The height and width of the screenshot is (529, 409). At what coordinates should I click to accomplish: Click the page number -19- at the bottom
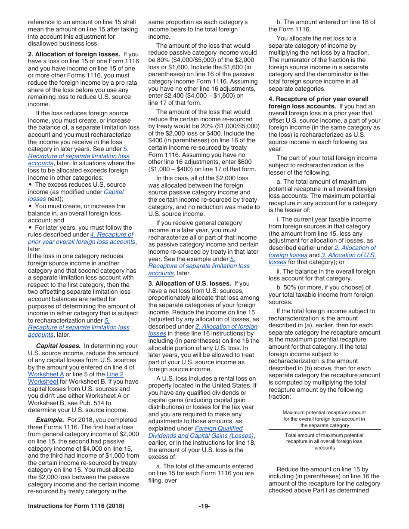[204, 506]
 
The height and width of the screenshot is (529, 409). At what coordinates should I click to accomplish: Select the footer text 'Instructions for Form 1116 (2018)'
[76, 506]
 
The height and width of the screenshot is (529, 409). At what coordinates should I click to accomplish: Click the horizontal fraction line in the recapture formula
[325, 429]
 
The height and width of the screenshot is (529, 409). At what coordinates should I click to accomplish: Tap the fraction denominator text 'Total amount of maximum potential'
[324, 435]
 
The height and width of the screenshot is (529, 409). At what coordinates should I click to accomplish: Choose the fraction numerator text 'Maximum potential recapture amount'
[324, 412]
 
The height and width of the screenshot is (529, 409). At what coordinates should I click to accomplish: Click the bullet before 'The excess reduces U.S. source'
[30, 185]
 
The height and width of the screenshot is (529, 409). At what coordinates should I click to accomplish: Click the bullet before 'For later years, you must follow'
[30, 228]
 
